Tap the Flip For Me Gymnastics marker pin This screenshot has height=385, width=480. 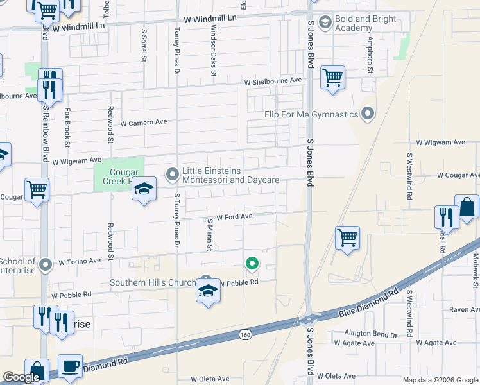pyautogui.click(x=368, y=114)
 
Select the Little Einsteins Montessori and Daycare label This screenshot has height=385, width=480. pyautogui.click(x=231, y=175)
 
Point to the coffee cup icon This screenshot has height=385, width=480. pyautogui.click(x=71, y=366)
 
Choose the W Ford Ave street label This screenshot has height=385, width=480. pyautogui.click(x=234, y=217)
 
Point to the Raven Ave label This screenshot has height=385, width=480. pyautogui.click(x=465, y=309)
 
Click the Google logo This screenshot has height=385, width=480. pyautogui.click(x=22, y=377)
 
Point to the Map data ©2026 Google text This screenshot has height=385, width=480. pyautogui.click(x=440, y=380)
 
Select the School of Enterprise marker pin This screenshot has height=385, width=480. pyautogui.click(x=45, y=264)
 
